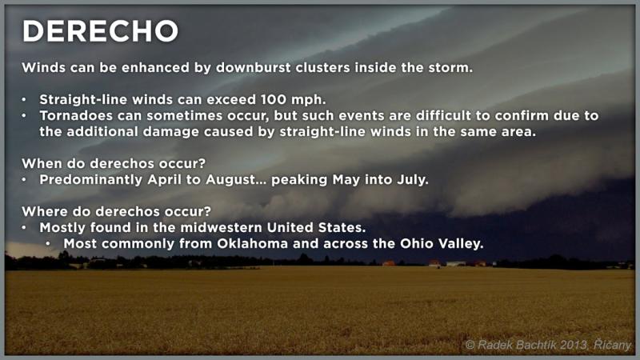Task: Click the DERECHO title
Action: (x=100, y=31)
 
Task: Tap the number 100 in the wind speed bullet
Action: (x=274, y=99)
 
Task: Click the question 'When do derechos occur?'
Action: (x=114, y=163)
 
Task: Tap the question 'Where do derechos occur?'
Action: (x=117, y=211)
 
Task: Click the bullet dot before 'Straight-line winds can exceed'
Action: (x=24, y=99)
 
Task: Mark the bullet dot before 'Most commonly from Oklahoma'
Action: (x=48, y=244)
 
